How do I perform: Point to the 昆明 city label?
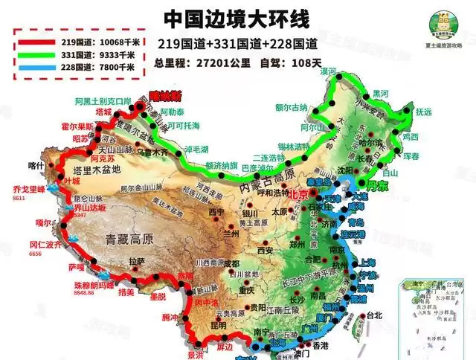click(219, 326)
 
